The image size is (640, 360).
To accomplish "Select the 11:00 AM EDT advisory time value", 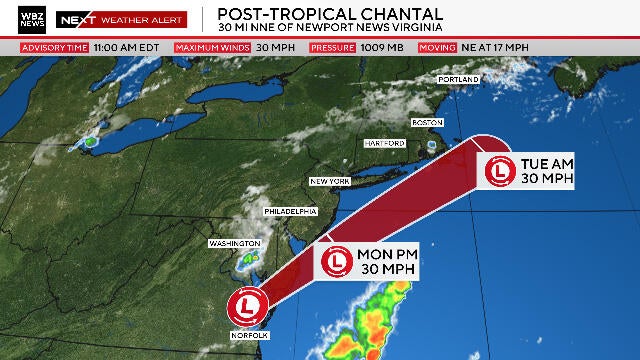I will tap(127, 47).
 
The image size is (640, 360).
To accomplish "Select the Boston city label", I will tap(427, 122).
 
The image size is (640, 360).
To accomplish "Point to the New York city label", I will tap(329, 181).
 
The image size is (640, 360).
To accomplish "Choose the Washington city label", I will tap(234, 243).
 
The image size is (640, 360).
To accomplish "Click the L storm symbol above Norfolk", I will tap(244, 305).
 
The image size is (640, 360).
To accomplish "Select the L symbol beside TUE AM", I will tap(498, 171).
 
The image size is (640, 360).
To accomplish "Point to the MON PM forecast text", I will tap(384, 262).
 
